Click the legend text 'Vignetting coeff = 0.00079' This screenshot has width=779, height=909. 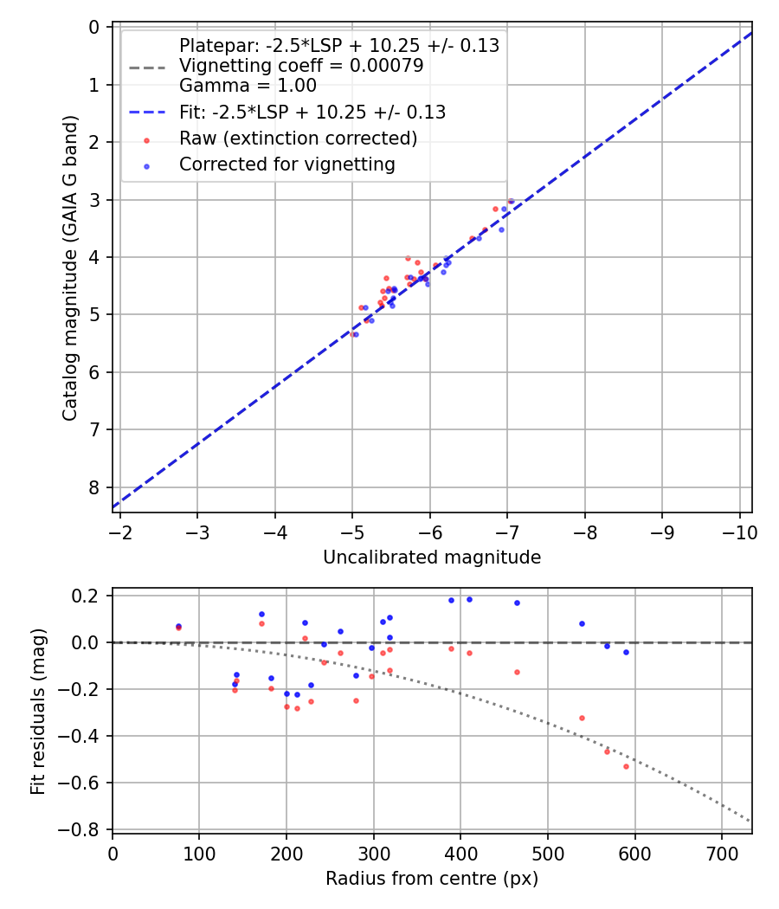point(301,66)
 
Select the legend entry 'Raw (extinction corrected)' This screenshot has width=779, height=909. point(298,139)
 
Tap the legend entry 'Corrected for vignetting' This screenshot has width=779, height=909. point(286,164)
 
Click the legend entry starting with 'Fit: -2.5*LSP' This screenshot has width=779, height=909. point(312,112)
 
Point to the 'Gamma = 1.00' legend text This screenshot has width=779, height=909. point(248,85)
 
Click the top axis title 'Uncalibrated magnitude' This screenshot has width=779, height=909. point(432,558)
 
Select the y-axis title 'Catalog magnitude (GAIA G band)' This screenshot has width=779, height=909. point(70,268)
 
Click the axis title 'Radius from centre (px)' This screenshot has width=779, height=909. point(432,879)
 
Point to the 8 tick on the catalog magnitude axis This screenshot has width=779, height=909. point(93,487)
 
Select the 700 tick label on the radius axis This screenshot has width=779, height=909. point(722,853)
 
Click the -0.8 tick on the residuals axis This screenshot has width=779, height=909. point(86,829)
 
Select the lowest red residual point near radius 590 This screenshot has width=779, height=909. point(626,766)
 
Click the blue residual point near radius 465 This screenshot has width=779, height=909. point(517,603)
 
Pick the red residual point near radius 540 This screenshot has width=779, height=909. point(582,718)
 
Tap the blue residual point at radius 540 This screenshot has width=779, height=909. point(582,623)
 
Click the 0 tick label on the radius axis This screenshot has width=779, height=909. point(113,853)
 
